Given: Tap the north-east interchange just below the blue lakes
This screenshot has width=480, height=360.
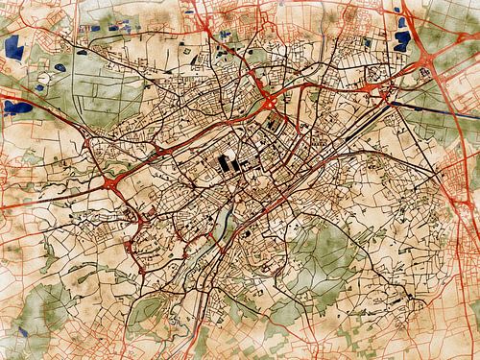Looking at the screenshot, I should (389, 97).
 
